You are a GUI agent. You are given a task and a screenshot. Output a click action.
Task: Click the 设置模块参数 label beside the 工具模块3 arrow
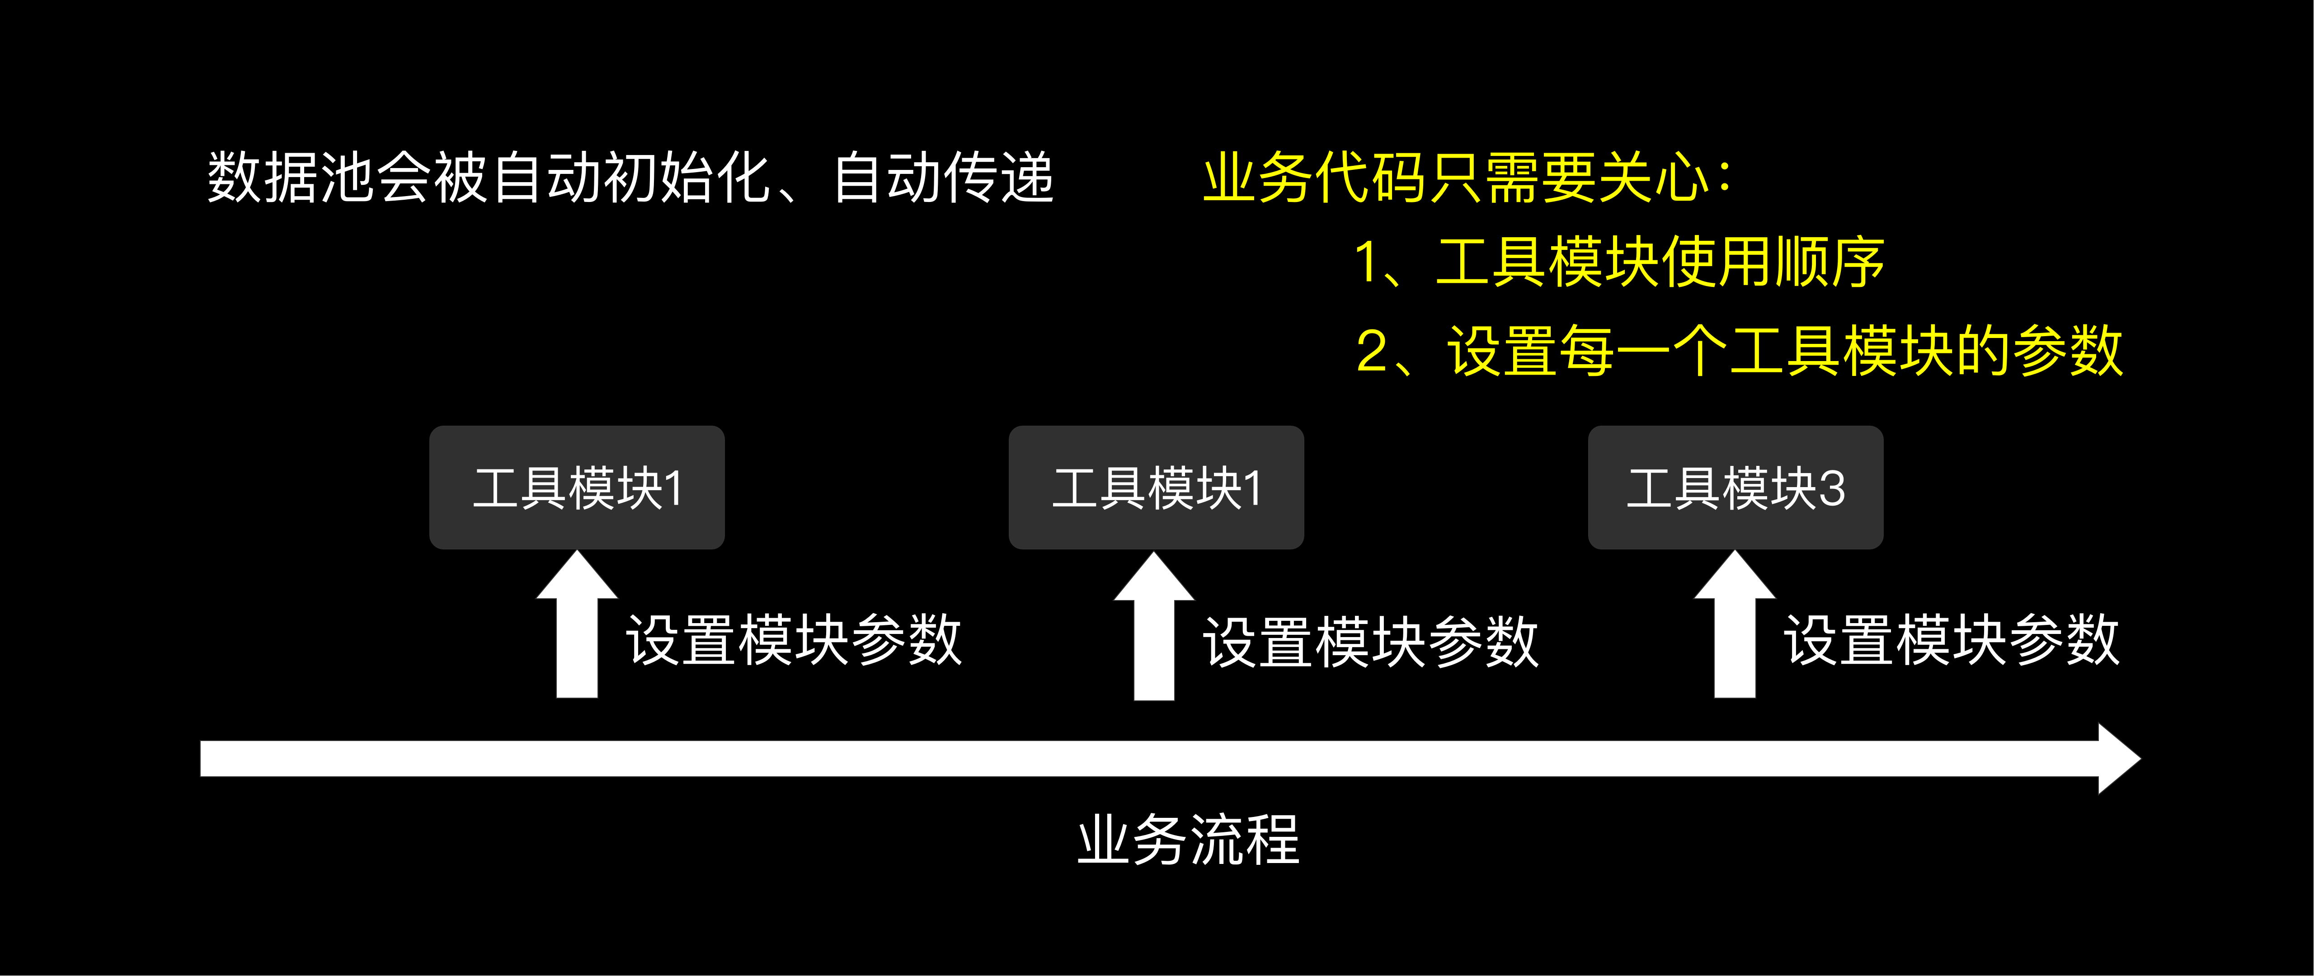(x=1951, y=640)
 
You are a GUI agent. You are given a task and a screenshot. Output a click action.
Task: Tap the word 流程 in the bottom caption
(x=1244, y=840)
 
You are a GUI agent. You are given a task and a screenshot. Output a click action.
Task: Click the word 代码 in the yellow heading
(x=1372, y=177)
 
